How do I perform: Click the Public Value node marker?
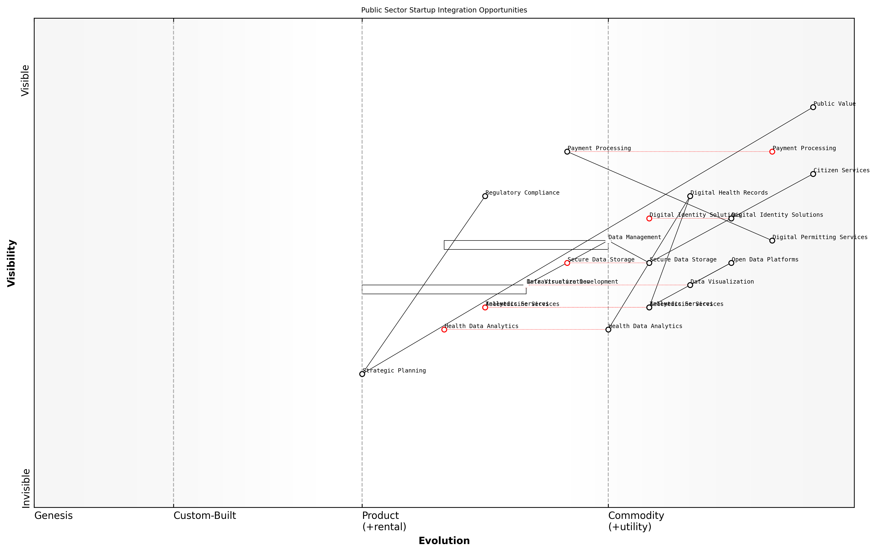coord(813,107)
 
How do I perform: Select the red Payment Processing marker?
coord(772,152)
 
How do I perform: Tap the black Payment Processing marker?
coord(567,152)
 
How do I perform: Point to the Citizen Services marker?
coord(813,174)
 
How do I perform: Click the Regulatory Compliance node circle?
coord(485,196)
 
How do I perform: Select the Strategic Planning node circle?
coord(362,374)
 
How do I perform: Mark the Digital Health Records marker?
coord(690,196)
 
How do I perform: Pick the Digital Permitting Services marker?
coord(772,240)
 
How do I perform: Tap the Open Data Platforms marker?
coord(731,263)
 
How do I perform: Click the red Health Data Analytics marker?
coord(444,329)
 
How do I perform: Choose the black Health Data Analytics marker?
coord(608,329)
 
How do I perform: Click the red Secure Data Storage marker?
coord(567,263)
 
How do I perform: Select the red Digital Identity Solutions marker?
coord(649,218)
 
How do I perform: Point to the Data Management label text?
coord(634,237)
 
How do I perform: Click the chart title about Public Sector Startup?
coord(444,10)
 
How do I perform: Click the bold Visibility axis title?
coord(12,263)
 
